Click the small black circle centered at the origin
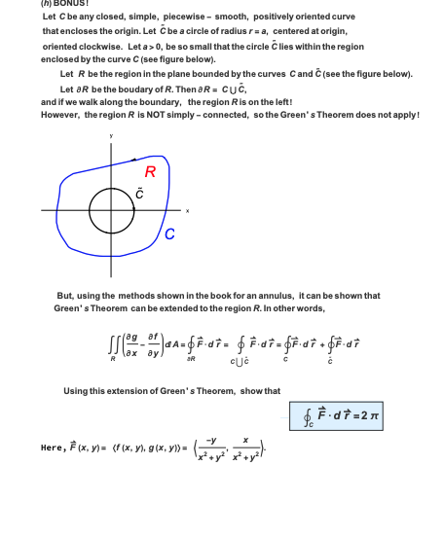pos(105,208)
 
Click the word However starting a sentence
pos(60,114)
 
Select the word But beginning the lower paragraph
pos(66,296)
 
